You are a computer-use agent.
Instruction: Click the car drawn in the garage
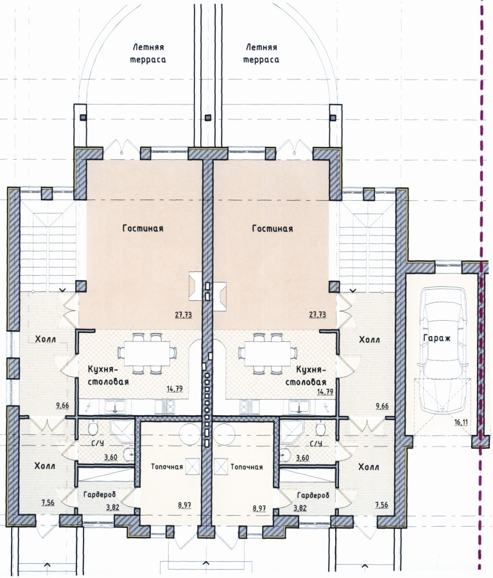pyautogui.click(x=442, y=352)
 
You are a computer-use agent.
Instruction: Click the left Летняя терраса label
pyautogui.click(x=148, y=53)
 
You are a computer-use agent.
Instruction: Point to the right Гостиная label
pyautogui.click(x=272, y=228)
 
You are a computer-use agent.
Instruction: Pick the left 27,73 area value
pyautogui.click(x=184, y=315)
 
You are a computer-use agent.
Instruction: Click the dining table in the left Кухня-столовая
pyautogui.click(x=147, y=353)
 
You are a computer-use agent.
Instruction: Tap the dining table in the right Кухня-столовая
pyautogui.click(x=268, y=353)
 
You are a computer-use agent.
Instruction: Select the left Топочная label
pyautogui.click(x=167, y=467)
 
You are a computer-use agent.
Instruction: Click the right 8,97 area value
pyautogui.click(x=259, y=508)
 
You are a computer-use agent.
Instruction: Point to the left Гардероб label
pyautogui.click(x=99, y=495)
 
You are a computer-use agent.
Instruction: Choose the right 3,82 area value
pyautogui.click(x=300, y=508)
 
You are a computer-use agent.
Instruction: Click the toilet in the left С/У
pyautogui.click(x=92, y=429)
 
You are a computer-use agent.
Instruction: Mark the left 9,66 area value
pyautogui.click(x=62, y=406)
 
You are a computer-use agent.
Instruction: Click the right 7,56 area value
pyautogui.click(x=381, y=505)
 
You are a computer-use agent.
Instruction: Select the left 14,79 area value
pyautogui.click(x=175, y=389)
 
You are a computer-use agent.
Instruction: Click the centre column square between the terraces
pyautogui.click(x=208, y=117)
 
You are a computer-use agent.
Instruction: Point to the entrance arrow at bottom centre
pyautogui.click(x=206, y=563)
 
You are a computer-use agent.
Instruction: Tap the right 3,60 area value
pyautogui.click(x=303, y=458)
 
